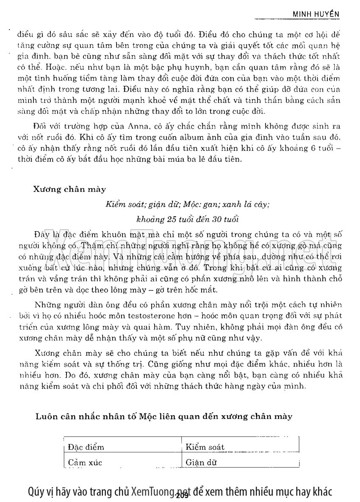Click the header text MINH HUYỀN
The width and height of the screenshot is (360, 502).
click(x=317, y=14)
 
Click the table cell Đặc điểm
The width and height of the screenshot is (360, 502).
click(x=86, y=447)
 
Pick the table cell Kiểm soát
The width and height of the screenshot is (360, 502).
click(x=205, y=447)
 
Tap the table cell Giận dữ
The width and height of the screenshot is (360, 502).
click(x=201, y=463)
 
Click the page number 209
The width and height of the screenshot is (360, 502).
click(x=182, y=496)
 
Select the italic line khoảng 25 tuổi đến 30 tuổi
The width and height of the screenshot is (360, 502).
click(x=187, y=219)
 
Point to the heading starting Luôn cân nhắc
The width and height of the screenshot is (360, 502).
click(x=163, y=417)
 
